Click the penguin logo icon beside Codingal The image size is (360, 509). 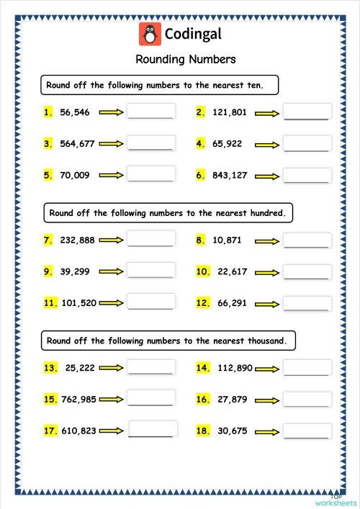[x=150, y=34]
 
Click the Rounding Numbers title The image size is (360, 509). [x=185, y=59]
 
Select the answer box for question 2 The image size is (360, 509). [x=307, y=112]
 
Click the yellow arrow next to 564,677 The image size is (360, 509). [x=112, y=144]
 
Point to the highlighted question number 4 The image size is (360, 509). [x=201, y=144]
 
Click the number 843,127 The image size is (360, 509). [x=231, y=175]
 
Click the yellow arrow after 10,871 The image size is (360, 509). [x=269, y=240]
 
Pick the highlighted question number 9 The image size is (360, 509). [x=48, y=271]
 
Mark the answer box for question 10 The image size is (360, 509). [x=307, y=271]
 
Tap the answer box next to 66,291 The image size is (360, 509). [x=307, y=303]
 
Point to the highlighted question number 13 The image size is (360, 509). [x=50, y=368]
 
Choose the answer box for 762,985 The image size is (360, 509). [x=151, y=399]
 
